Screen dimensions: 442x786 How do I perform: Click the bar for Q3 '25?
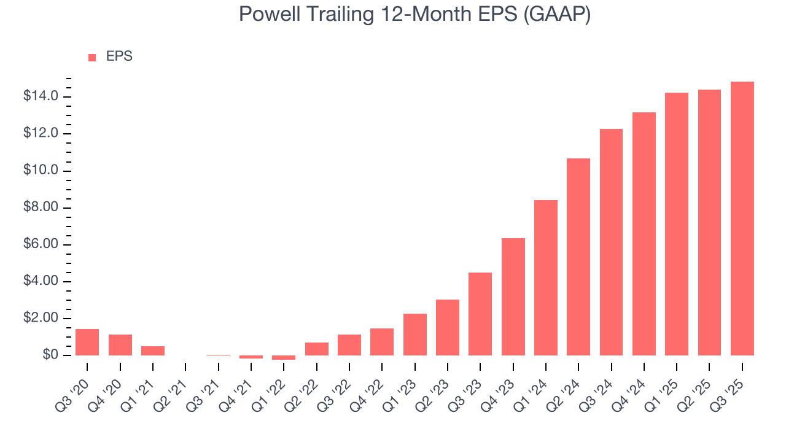742,219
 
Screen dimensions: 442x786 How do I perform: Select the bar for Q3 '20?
87,342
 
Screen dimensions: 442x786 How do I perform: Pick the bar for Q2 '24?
578,257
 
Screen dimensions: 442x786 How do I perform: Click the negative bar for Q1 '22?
284,357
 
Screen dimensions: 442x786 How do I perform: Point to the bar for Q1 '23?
414,335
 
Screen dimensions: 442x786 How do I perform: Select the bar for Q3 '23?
480,314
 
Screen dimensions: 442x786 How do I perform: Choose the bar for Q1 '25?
677,224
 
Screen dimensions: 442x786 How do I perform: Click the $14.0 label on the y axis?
41,96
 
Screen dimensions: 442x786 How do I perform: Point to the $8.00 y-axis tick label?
41,207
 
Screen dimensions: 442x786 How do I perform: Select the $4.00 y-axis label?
41,281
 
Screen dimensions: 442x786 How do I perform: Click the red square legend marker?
92,57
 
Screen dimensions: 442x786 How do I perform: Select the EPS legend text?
119,56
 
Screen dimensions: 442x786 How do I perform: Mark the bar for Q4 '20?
120,345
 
